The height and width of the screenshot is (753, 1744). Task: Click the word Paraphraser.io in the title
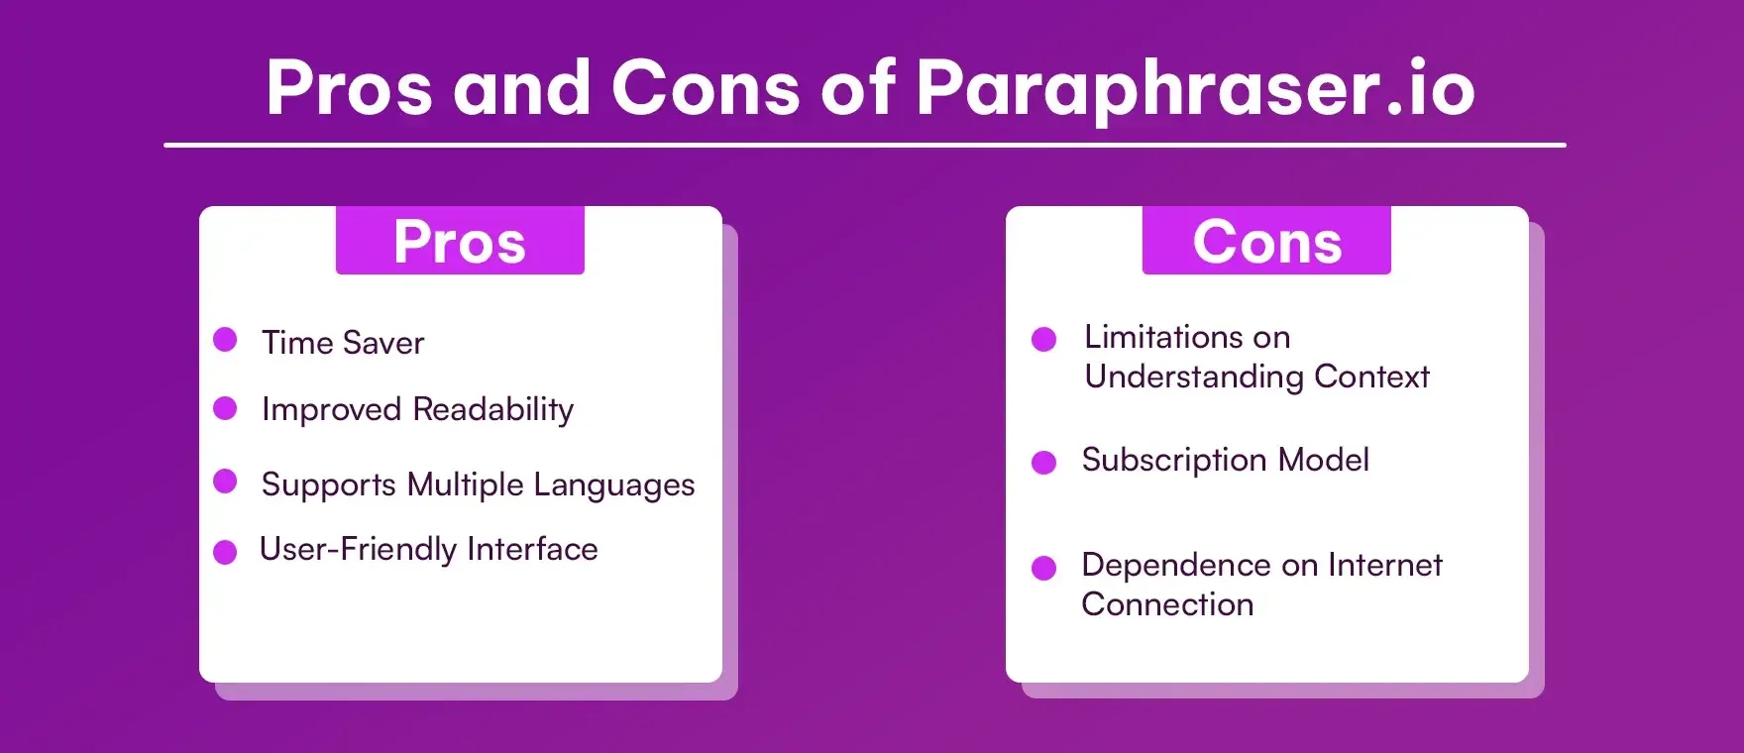pyautogui.click(x=1195, y=89)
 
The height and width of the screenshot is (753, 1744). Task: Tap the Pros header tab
pyautogui.click(x=460, y=241)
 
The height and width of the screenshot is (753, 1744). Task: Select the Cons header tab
pyautogui.click(x=1266, y=241)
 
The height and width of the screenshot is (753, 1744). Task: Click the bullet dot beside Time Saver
pyautogui.click(x=225, y=340)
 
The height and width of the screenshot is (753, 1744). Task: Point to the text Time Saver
pyautogui.click(x=343, y=343)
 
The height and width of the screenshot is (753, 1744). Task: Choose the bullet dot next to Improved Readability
pyautogui.click(x=225, y=408)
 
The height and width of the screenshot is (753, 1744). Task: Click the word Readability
pyautogui.click(x=493, y=409)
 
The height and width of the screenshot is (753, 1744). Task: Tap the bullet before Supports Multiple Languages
pyautogui.click(x=225, y=482)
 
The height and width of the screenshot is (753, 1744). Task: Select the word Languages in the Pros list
pyautogui.click(x=614, y=485)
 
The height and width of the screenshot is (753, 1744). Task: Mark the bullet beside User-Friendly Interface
pyautogui.click(x=225, y=552)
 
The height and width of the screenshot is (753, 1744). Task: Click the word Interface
pyautogui.click(x=532, y=549)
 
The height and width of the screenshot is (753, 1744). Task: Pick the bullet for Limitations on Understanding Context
pyautogui.click(x=1043, y=340)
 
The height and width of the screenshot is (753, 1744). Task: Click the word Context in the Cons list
pyautogui.click(x=1371, y=376)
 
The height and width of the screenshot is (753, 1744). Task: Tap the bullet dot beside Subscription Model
pyautogui.click(x=1043, y=463)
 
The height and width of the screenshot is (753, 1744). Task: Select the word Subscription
pyautogui.click(x=1174, y=461)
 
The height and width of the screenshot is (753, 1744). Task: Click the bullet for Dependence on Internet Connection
pyautogui.click(x=1043, y=568)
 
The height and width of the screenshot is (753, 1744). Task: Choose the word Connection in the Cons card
pyautogui.click(x=1167, y=604)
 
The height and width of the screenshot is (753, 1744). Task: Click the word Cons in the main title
pyautogui.click(x=706, y=89)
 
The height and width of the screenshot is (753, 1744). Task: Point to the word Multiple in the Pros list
pyautogui.click(x=465, y=484)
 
